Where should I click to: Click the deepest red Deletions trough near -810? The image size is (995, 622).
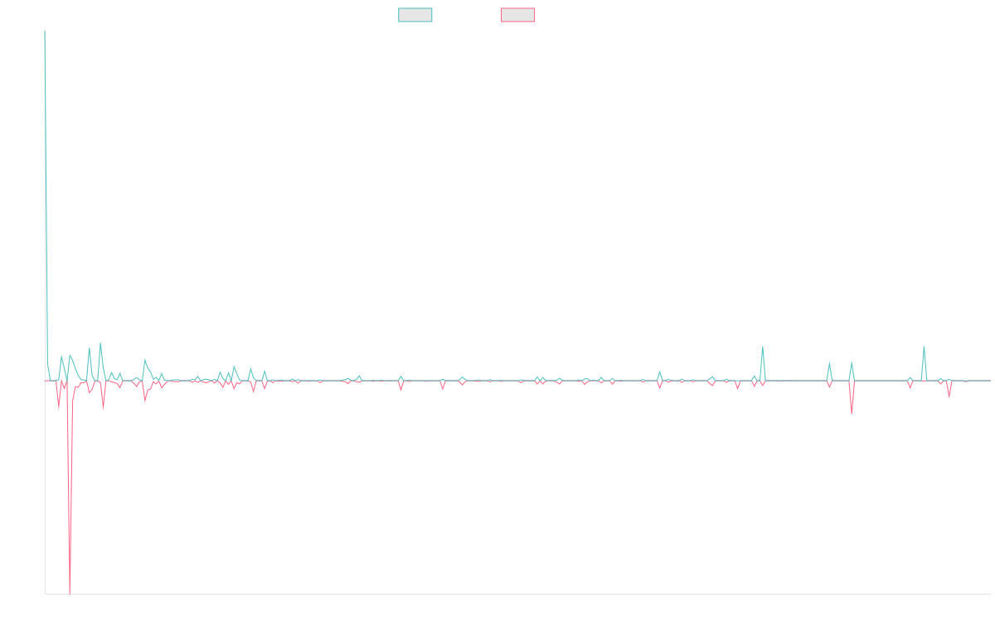pyautogui.click(x=70, y=592)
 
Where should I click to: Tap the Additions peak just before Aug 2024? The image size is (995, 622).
pyautogui.click(x=762, y=347)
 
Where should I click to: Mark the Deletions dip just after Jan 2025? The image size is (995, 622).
pyautogui.click(x=852, y=412)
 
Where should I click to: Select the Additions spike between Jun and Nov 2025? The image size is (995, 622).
pyautogui.click(x=924, y=347)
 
